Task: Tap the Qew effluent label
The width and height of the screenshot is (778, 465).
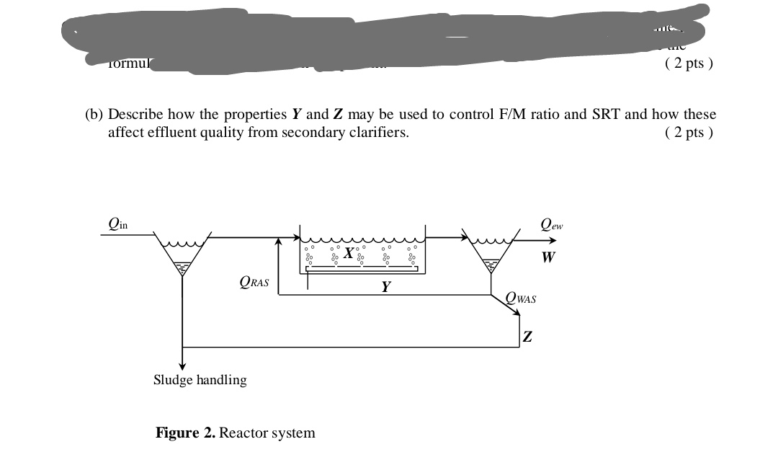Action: pyautogui.click(x=552, y=224)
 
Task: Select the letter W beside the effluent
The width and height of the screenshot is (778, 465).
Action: pyautogui.click(x=548, y=257)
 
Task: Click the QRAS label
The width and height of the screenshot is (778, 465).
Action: pyautogui.click(x=254, y=283)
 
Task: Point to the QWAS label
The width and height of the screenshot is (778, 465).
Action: pyautogui.click(x=522, y=298)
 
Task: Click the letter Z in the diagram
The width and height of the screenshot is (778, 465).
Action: pyautogui.click(x=528, y=337)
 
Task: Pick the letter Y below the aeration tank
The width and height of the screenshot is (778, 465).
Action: pyautogui.click(x=386, y=287)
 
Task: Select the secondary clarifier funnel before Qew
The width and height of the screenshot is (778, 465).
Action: pyautogui.click(x=491, y=253)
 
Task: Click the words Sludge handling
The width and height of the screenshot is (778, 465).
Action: pyautogui.click(x=200, y=380)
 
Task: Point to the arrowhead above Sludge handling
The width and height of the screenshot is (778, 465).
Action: pyautogui.click(x=183, y=365)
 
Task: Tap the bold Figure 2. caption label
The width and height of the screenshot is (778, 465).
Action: pyautogui.click(x=185, y=433)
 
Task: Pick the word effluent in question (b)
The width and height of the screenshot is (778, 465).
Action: pyautogui.click(x=166, y=133)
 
